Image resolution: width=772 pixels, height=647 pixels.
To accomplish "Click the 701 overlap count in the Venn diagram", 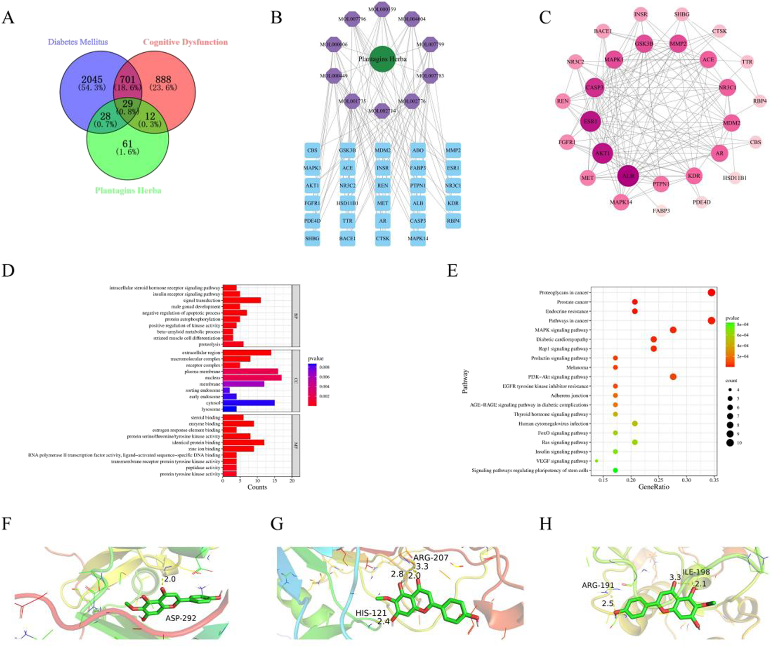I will point(127,80).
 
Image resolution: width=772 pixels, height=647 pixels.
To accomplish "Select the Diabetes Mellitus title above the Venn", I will point(78,42).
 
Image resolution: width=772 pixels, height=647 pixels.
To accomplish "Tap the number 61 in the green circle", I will point(127,144).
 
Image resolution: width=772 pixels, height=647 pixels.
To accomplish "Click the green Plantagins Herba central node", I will point(382,59).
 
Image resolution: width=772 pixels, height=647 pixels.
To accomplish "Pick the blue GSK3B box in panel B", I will point(347,150).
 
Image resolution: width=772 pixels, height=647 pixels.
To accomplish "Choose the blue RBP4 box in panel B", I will point(453,221).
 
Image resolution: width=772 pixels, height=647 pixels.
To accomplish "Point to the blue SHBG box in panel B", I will point(312,238).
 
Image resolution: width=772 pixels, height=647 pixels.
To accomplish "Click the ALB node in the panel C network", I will point(628,176).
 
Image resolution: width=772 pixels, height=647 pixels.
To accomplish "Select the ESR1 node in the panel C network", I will point(590,122).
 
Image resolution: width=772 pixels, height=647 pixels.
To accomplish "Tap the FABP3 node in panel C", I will point(661,211).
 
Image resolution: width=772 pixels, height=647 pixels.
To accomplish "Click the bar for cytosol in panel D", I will point(248,403).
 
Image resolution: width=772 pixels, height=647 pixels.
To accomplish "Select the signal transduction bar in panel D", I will point(241,300).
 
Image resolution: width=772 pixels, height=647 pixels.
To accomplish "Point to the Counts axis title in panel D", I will point(257,487).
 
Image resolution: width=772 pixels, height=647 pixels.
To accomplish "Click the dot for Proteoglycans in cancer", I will point(711,293).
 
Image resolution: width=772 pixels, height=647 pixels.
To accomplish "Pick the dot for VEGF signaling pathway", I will point(596,461).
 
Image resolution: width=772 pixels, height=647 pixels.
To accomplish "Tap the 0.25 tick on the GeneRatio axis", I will point(658,480).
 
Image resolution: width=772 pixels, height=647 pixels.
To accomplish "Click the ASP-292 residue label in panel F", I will point(180,618).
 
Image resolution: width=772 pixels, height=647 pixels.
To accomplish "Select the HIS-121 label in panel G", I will point(371,613).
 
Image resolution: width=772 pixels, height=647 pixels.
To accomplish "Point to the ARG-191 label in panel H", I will point(598,585).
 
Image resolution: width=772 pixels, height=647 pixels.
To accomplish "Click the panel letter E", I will point(452,271).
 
